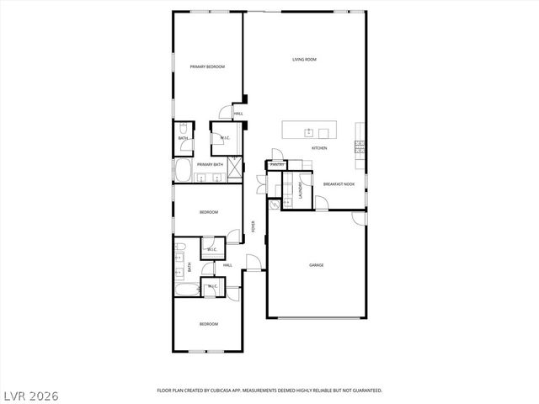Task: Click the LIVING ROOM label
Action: (x=304, y=60)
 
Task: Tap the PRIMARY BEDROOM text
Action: (x=207, y=66)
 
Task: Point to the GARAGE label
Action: (x=316, y=265)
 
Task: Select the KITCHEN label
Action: (x=319, y=149)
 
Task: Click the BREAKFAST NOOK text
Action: (x=338, y=184)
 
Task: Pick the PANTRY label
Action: (x=276, y=165)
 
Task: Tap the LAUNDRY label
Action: (x=300, y=192)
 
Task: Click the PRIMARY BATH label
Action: (x=210, y=164)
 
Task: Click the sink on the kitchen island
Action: (x=310, y=131)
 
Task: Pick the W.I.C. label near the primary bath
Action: (x=226, y=137)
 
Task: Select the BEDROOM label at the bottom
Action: (x=209, y=324)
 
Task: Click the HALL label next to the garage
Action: (x=227, y=265)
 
